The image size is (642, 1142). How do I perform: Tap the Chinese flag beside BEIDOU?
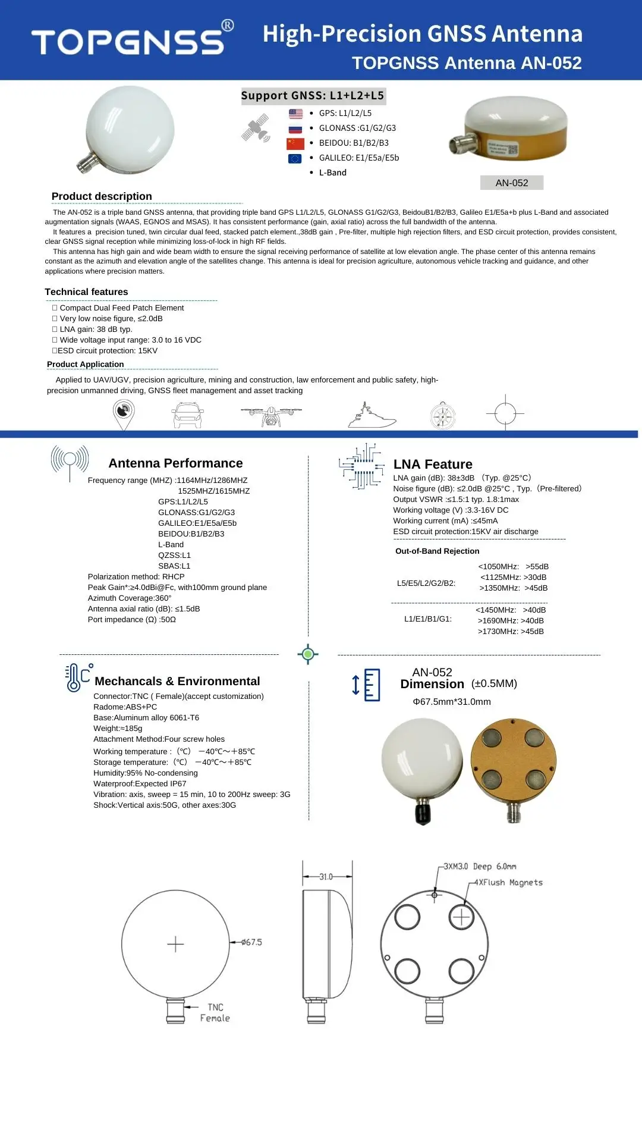[295, 143]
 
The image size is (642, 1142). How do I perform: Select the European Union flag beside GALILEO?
[295, 158]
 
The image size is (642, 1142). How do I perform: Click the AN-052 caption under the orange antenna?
[512, 183]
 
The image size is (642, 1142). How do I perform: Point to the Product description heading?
[102, 196]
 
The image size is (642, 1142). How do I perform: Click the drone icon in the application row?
[271, 415]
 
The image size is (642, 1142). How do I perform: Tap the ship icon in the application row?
[372, 416]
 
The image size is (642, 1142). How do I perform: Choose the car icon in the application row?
[188, 415]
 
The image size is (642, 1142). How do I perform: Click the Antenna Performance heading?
[175, 463]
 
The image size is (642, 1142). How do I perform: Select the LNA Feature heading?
[433, 465]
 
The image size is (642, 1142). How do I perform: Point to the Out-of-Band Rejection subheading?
[437, 551]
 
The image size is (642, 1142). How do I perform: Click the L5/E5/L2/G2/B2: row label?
[426, 583]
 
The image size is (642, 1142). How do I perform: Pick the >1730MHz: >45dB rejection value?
[511, 632]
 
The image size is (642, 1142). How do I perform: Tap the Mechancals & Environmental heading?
[177, 682]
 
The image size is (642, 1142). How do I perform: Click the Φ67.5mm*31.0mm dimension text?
[452, 702]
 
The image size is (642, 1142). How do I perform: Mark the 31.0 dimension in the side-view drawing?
[326, 877]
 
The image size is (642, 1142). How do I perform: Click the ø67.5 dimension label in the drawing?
[251, 943]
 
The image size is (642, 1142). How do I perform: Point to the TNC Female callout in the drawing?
[215, 1013]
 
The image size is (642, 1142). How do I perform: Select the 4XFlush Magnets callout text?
[508, 883]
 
